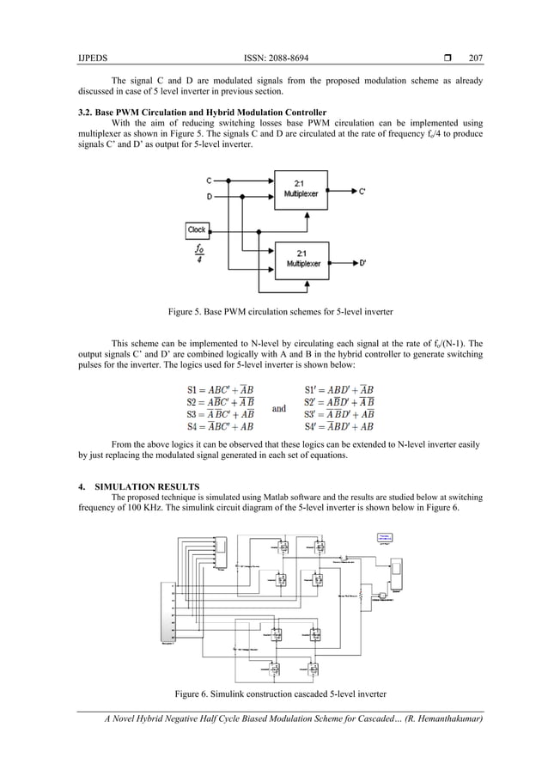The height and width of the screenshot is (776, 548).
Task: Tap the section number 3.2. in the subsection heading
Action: [86, 113]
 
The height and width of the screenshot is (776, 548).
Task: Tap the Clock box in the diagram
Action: [197, 229]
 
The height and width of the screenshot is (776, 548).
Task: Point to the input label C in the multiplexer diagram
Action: [209, 180]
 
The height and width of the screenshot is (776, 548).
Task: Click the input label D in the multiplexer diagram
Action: [209, 196]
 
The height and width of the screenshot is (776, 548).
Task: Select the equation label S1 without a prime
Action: [193, 389]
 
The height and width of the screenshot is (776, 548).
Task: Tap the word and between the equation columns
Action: [278, 408]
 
